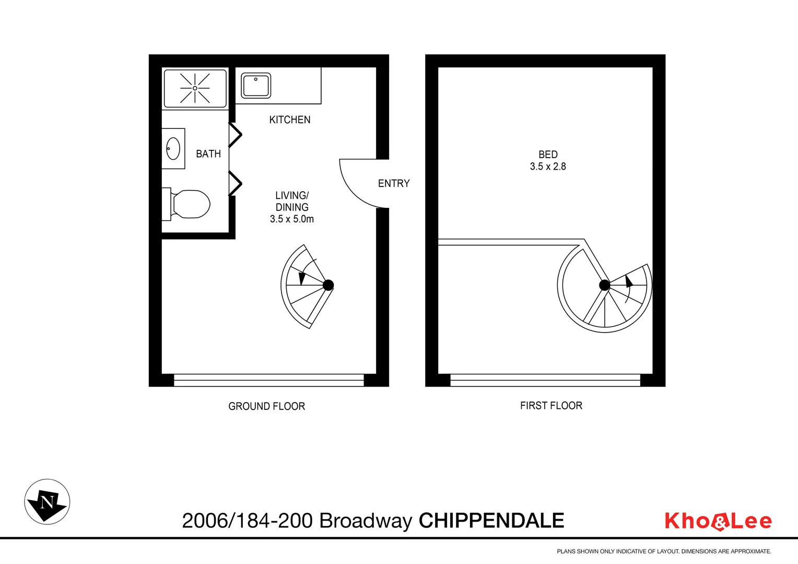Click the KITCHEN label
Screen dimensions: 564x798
click(290, 120)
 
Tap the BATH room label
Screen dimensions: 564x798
click(208, 154)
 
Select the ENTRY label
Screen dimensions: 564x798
click(394, 183)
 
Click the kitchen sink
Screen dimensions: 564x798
click(256, 86)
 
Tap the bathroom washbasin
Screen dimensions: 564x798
click(173, 149)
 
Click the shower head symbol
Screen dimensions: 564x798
click(195, 88)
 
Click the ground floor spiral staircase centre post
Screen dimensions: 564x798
click(328, 285)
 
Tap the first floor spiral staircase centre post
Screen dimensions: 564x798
click(604, 285)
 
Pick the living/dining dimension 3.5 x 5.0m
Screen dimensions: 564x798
click(292, 219)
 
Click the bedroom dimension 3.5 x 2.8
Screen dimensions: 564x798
click(548, 167)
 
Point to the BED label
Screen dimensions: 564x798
click(548, 155)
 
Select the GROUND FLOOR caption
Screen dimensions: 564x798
click(266, 406)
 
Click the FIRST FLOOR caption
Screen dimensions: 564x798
click(551, 406)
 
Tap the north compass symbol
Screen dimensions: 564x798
click(47, 502)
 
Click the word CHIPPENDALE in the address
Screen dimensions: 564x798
click(491, 521)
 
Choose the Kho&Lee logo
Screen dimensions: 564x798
click(718, 521)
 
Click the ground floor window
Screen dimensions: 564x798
click(268, 380)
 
